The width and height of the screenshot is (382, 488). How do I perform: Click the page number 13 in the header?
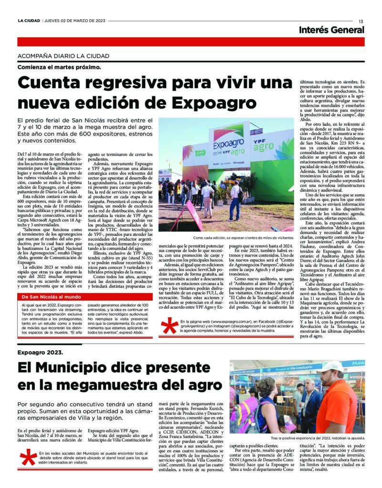coord(361,21)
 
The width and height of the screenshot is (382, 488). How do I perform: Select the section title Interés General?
coord(331,30)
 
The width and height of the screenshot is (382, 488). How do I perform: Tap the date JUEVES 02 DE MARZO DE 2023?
coord(74,21)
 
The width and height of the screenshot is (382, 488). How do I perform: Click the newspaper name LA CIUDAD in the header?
coord(29,21)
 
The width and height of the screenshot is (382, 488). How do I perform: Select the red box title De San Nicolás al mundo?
coord(52,297)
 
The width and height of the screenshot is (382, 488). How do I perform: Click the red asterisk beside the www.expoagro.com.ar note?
coord(169,326)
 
